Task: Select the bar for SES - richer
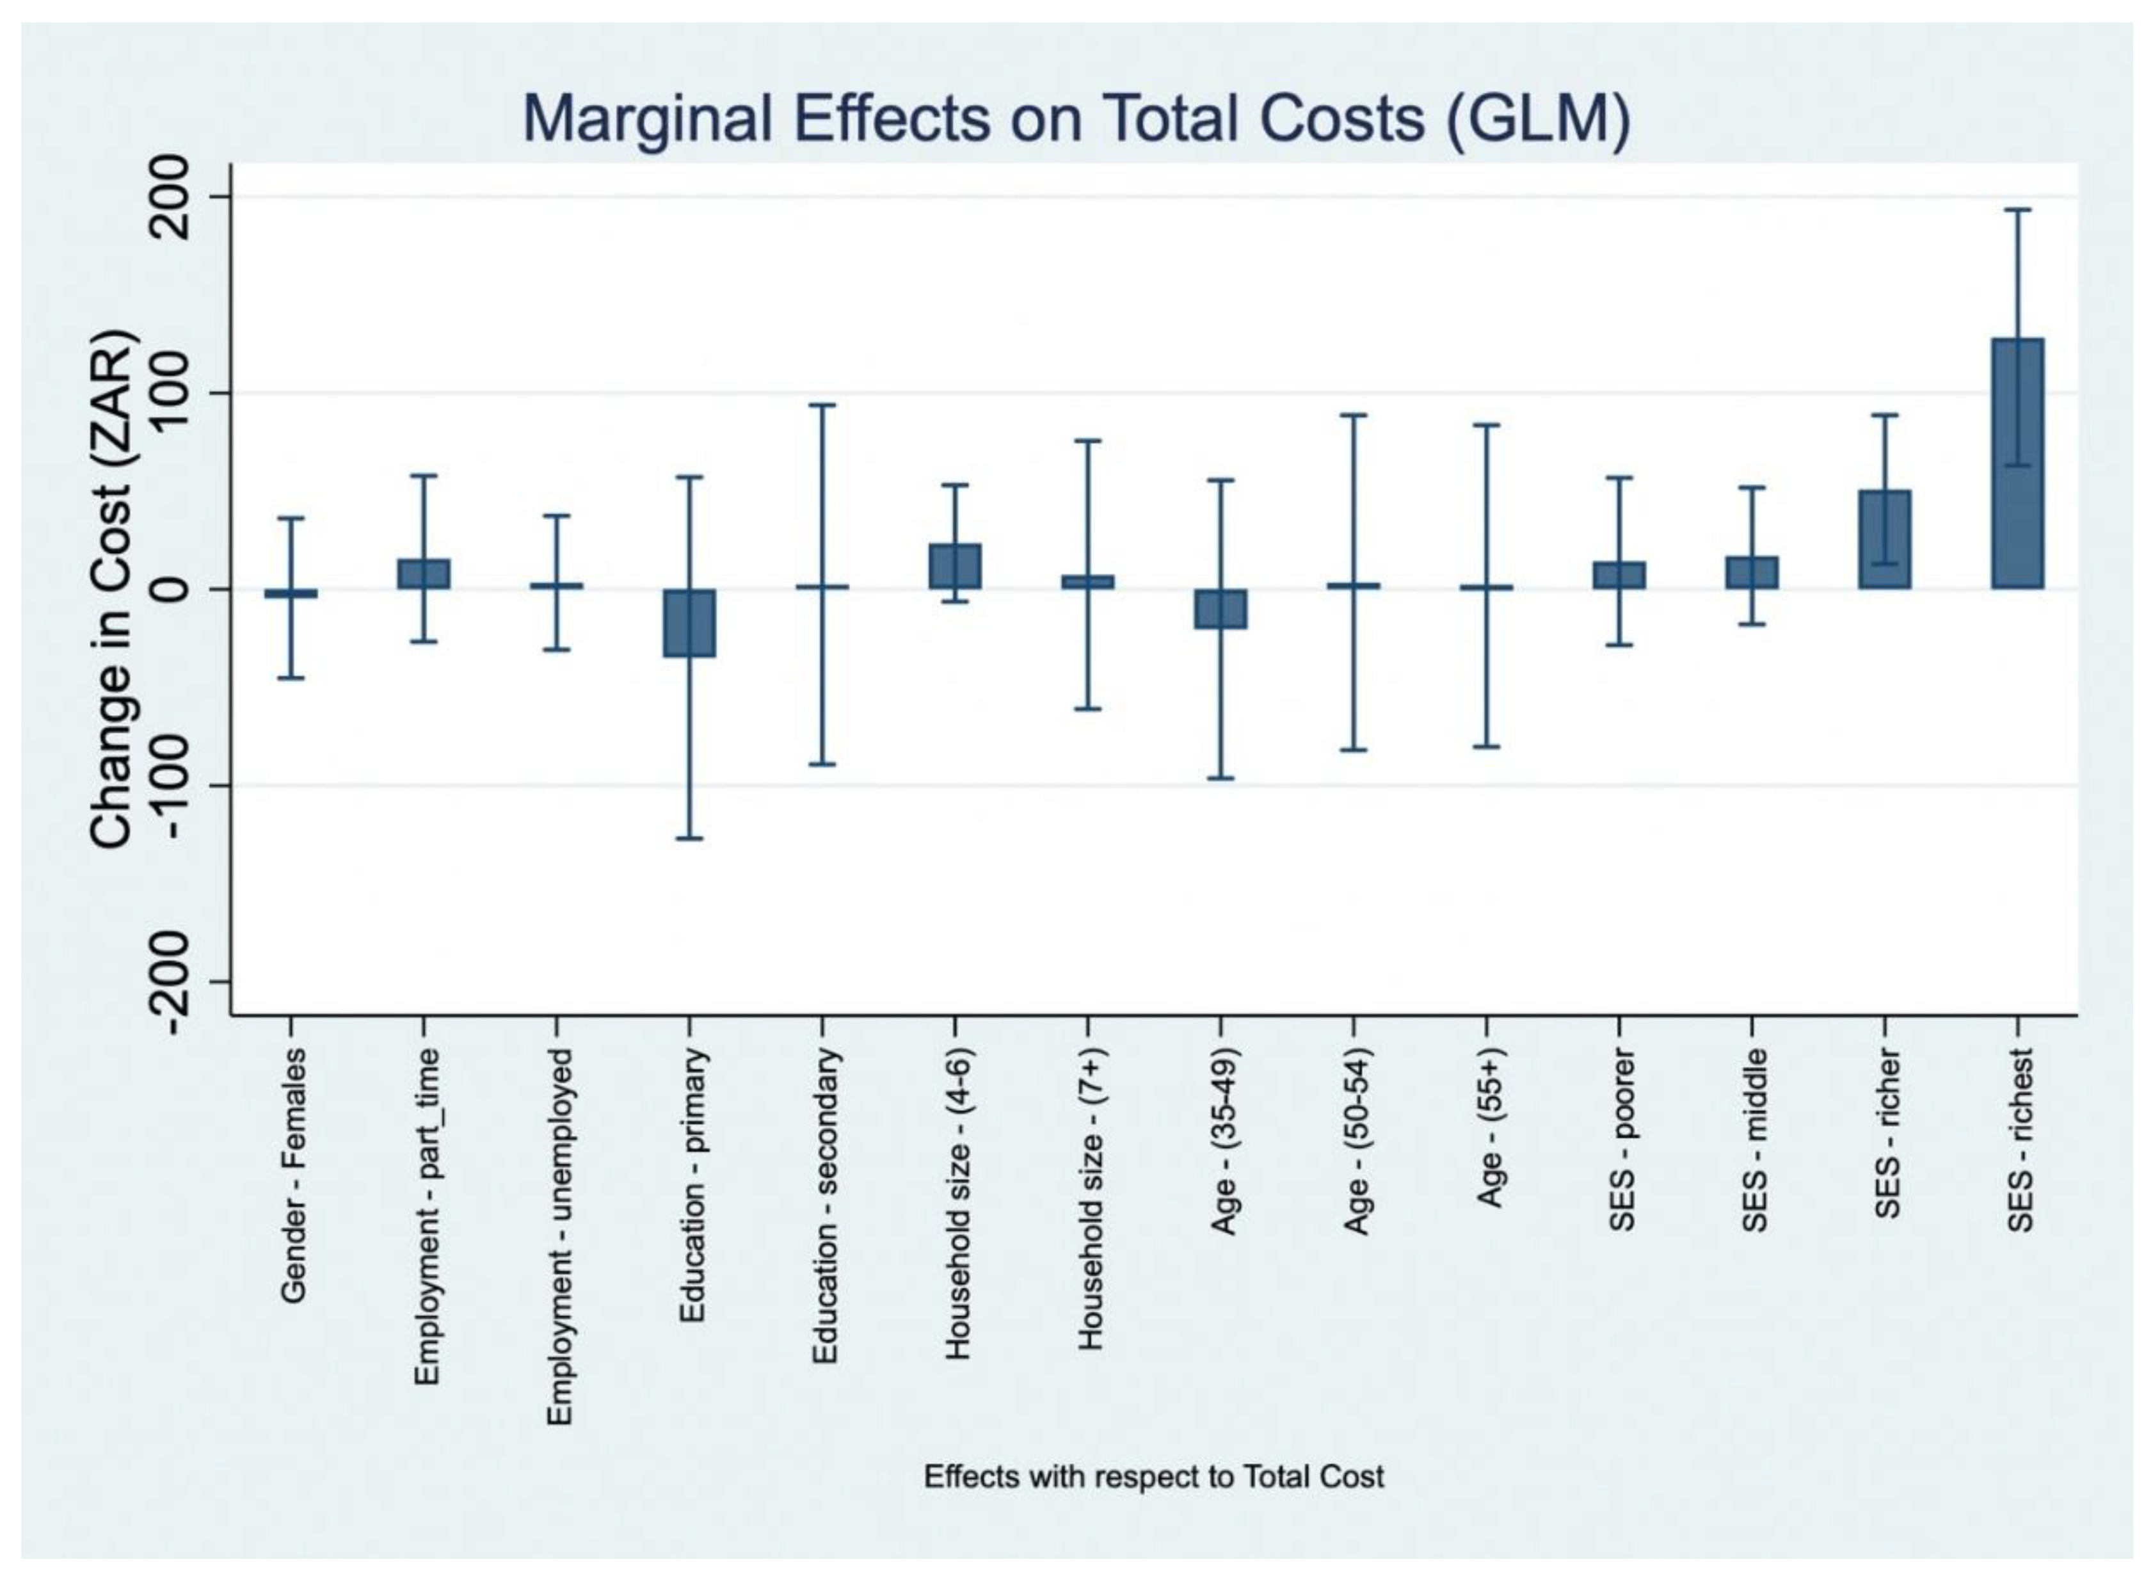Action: pyautogui.click(x=1884, y=539)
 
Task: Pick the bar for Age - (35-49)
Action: pyautogui.click(x=1221, y=609)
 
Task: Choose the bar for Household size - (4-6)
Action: pyautogui.click(x=954, y=566)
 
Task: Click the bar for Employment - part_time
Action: pyautogui.click(x=424, y=574)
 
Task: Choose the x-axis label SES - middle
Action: pyautogui.click(x=1754, y=1138)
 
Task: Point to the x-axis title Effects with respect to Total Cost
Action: pyautogui.click(x=1153, y=1476)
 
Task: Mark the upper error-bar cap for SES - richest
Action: pyautogui.click(x=2017, y=209)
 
